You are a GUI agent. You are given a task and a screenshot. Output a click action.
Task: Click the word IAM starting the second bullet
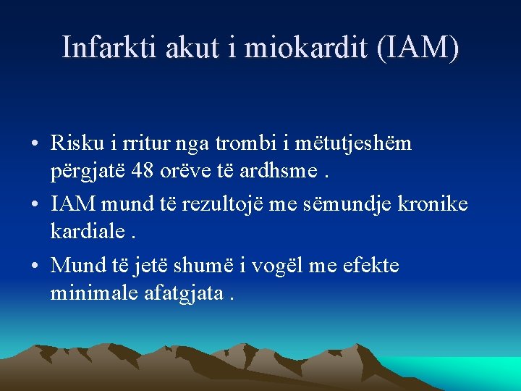click(73, 204)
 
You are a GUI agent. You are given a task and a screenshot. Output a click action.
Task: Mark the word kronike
click(433, 204)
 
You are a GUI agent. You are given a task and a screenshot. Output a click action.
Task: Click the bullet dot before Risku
click(35, 144)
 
